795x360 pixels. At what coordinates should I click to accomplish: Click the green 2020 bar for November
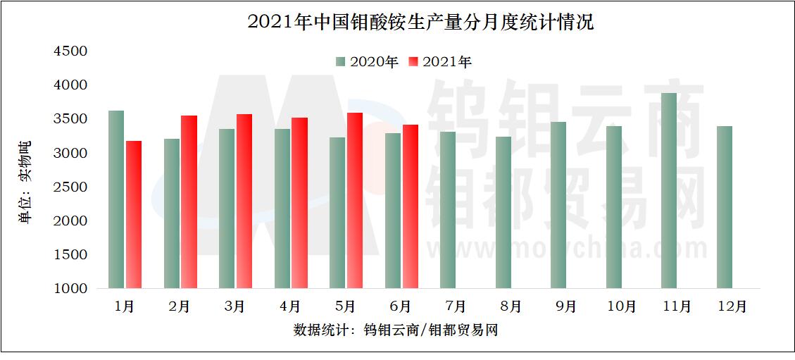[x=668, y=190]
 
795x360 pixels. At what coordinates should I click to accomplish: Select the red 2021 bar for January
[x=134, y=214]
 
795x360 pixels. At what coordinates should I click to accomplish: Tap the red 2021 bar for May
[x=355, y=200]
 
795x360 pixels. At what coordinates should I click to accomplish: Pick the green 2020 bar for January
[x=116, y=199]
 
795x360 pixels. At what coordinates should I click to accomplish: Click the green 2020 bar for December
[x=724, y=207]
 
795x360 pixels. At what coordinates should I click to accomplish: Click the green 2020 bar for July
[x=447, y=210]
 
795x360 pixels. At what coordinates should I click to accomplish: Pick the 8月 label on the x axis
[x=511, y=306]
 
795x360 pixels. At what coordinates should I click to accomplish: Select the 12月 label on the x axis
[x=732, y=306]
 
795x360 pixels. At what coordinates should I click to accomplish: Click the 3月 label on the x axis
[x=235, y=306]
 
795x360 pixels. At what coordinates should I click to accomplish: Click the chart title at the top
[x=420, y=22]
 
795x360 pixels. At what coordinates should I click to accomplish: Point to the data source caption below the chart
[x=395, y=330]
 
